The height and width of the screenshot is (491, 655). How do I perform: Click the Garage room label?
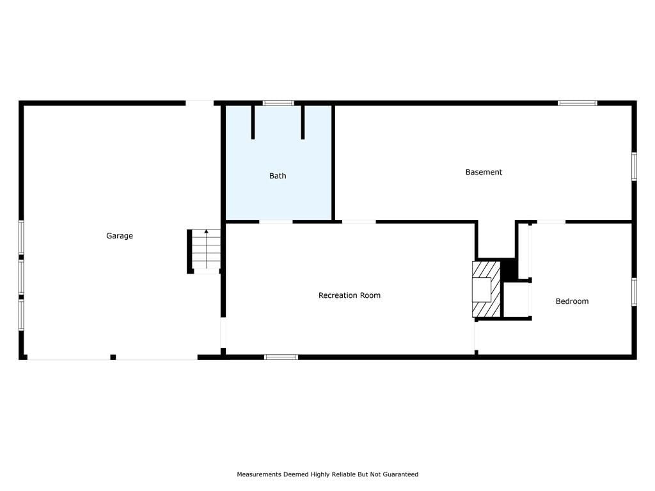click(120, 236)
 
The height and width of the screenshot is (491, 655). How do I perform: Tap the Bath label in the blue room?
click(278, 176)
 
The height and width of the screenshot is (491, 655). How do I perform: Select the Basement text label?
click(484, 172)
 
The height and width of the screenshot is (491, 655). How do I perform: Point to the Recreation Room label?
click(350, 295)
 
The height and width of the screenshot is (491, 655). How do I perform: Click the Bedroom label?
click(572, 302)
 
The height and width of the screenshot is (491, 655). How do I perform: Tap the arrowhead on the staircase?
click(206, 231)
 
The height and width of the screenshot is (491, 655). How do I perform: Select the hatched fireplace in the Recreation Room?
click(486, 289)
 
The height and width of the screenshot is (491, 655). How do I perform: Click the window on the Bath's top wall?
click(278, 103)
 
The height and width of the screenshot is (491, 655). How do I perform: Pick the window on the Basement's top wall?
click(578, 103)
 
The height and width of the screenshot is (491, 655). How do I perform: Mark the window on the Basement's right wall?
click(634, 167)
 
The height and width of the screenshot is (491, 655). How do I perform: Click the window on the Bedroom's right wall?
click(634, 292)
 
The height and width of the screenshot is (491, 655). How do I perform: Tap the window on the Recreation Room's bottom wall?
click(281, 357)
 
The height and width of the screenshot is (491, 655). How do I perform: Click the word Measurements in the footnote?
click(259, 474)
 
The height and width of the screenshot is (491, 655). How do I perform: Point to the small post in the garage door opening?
click(113, 357)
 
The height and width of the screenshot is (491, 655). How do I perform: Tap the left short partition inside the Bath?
click(253, 122)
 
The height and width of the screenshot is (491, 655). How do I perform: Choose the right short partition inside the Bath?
click(303, 122)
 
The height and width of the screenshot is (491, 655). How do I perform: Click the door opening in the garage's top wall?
click(200, 103)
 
